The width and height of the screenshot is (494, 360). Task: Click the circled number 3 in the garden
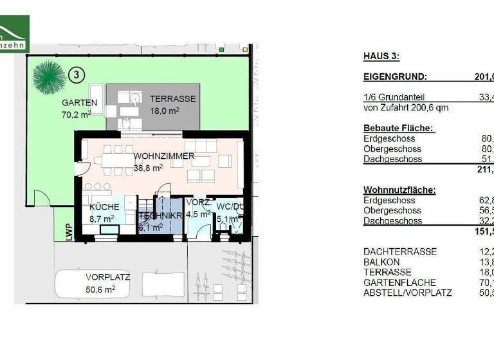[x=77, y=75]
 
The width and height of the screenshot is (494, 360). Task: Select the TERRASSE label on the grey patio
[x=172, y=99]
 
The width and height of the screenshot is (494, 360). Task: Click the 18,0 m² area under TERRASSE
[x=165, y=110]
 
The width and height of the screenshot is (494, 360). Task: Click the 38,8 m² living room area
[x=148, y=167]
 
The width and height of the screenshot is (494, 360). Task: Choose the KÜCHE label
[x=104, y=207]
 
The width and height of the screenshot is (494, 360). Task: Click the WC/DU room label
[x=229, y=207]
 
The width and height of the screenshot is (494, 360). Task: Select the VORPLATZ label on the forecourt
[x=108, y=278]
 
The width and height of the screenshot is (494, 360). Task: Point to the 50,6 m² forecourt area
[x=100, y=289]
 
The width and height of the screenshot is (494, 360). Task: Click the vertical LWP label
[x=68, y=231]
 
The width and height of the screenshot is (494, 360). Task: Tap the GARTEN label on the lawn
[x=79, y=103]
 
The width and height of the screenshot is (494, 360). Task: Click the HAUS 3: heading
[x=381, y=57]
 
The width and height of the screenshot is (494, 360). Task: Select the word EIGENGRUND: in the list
[x=395, y=76]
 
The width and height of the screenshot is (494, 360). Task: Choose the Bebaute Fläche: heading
[x=398, y=128]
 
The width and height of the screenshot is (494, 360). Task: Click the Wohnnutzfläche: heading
[x=399, y=190]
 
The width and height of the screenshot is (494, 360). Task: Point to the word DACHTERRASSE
[x=400, y=251]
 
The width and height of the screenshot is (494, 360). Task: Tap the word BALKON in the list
[x=381, y=262]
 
